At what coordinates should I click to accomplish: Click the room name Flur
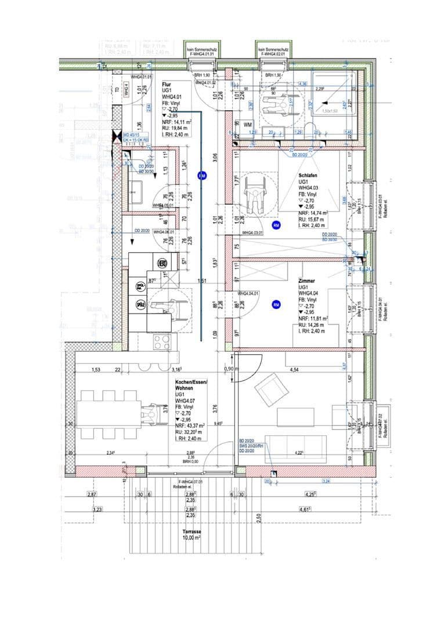167,84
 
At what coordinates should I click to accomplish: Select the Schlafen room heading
308,174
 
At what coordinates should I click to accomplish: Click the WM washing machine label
247,125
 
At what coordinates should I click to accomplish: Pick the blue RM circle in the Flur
202,174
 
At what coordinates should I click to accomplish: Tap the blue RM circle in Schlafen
276,224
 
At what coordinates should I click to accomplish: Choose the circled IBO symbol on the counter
162,264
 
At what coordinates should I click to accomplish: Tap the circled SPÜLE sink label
140,304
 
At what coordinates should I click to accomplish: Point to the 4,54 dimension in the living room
294,369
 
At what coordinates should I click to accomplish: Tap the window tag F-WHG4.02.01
271,54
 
